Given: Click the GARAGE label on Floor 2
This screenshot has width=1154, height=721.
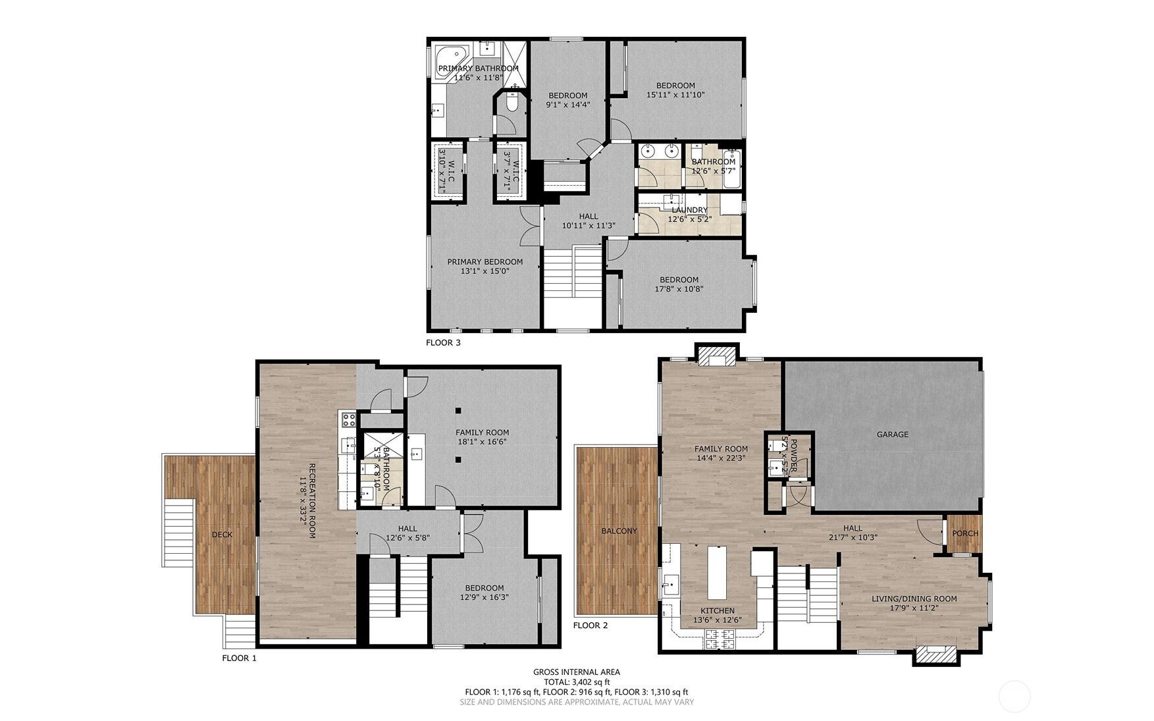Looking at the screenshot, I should [x=892, y=435].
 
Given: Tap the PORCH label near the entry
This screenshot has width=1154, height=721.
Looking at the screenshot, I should [x=965, y=533].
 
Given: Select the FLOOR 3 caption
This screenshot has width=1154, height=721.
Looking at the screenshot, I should [x=443, y=342].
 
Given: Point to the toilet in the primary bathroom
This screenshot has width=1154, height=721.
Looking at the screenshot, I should [x=512, y=103].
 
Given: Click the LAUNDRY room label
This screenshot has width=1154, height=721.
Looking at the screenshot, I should [x=689, y=210].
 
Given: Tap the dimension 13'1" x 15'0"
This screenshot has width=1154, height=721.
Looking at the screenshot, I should [x=485, y=271].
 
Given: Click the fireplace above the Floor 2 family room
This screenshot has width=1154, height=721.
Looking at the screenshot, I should [x=716, y=356].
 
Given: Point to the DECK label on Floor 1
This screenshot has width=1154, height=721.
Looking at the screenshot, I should [x=222, y=535].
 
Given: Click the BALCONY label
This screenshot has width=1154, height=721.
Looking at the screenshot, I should [x=619, y=531].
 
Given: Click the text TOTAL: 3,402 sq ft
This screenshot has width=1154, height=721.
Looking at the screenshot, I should [x=576, y=682].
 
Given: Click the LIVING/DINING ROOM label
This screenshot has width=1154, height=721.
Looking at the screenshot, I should [x=914, y=599].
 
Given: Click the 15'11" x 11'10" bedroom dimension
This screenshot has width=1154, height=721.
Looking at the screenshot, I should [x=675, y=95].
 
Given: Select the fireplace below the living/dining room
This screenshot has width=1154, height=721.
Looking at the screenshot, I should [x=935, y=654].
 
